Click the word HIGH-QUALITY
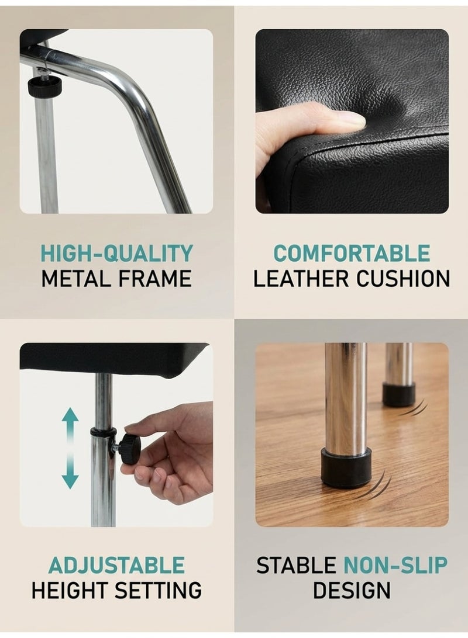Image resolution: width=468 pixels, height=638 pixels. click(116, 253)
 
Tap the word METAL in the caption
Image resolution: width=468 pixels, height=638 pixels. click(75, 279)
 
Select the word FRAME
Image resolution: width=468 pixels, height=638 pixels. click(155, 279)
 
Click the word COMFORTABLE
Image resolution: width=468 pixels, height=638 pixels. click(352, 253)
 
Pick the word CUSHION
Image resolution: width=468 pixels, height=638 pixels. click(403, 279)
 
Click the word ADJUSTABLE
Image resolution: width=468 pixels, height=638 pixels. click(116, 565)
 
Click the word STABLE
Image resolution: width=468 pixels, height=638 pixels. click(296, 565)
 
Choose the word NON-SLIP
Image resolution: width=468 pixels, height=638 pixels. click(395, 565)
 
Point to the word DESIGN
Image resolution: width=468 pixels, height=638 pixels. click(352, 591)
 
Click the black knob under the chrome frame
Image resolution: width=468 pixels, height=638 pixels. click(44, 85)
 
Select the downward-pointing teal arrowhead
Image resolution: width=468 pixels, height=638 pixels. click(70, 480)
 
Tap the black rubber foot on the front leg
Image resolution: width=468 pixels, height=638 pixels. click(346, 467)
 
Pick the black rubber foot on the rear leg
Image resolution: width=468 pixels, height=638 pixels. click(398, 394)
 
